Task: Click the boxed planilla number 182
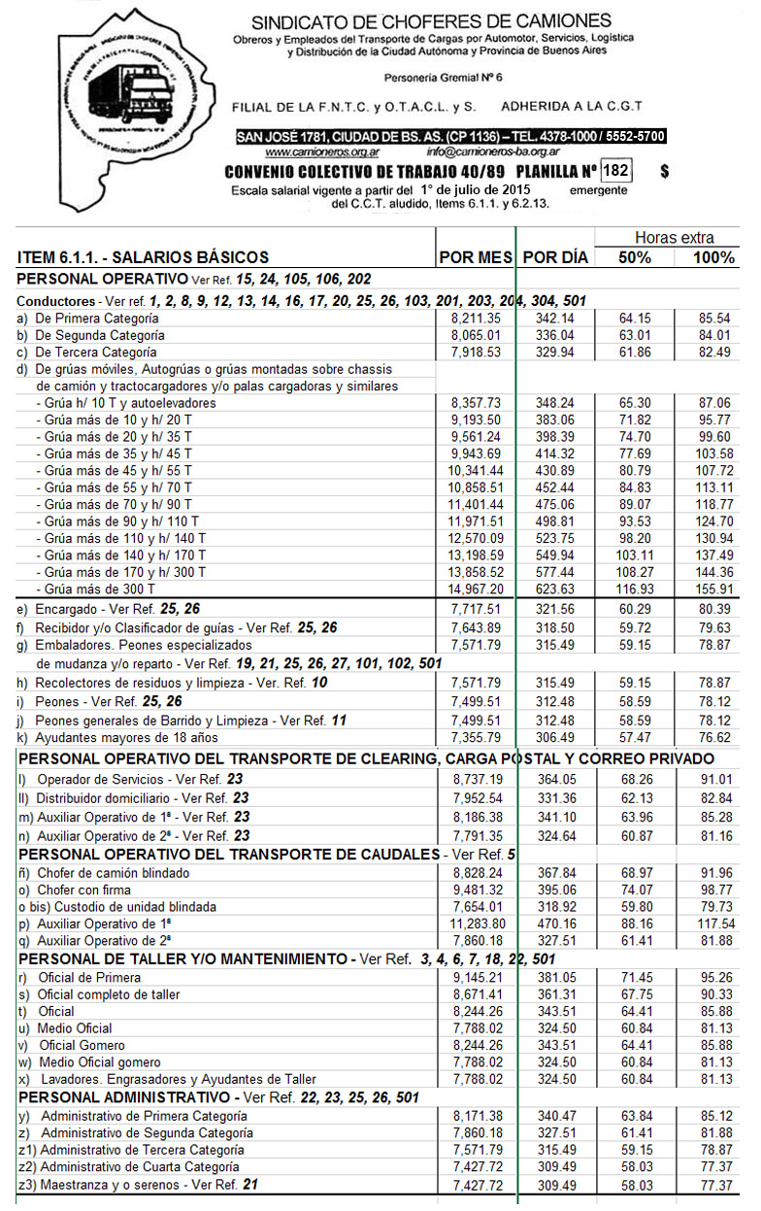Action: (615, 171)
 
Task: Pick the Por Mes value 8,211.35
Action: (476, 318)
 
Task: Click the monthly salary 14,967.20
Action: (474, 589)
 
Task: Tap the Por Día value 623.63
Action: (555, 589)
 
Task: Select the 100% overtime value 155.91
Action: (713, 589)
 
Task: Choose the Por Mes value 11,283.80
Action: (474, 924)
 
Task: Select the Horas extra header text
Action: (674, 238)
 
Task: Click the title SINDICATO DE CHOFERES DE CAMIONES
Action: (431, 21)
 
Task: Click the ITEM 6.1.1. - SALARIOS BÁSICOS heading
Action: (144, 257)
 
